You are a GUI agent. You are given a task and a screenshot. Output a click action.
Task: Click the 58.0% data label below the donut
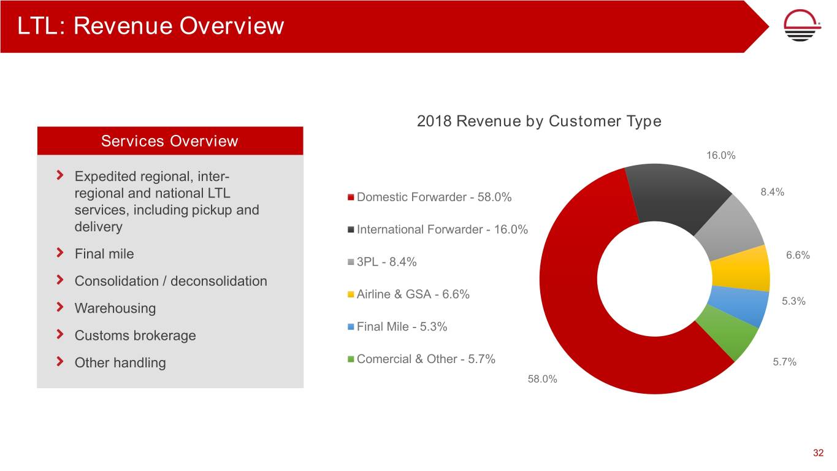[x=543, y=379]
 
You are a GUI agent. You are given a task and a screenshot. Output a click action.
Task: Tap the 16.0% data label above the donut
[x=720, y=155]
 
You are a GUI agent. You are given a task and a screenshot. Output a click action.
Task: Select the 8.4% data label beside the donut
[x=772, y=192]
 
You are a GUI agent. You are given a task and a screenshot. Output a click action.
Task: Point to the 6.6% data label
[x=798, y=255]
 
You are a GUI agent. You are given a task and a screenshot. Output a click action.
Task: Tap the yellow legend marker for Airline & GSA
[x=351, y=295]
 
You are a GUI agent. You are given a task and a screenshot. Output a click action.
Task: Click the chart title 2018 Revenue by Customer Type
[x=538, y=121]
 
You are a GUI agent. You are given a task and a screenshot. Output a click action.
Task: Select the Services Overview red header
[x=170, y=141]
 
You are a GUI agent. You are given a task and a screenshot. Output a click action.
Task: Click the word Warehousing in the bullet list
[x=115, y=308]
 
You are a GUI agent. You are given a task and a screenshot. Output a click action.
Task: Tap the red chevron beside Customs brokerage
[x=59, y=335]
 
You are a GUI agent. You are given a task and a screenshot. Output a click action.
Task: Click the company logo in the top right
[x=804, y=26]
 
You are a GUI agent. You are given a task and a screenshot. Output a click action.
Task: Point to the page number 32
[x=818, y=453]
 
